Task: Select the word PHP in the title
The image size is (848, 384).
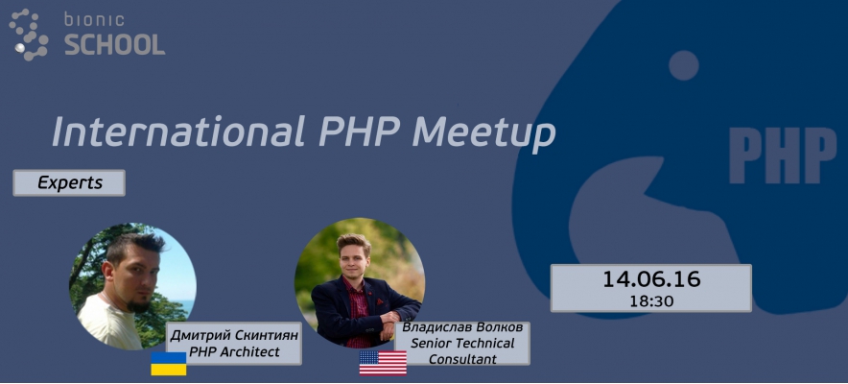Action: (x=356, y=132)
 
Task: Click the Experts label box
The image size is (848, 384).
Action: (x=69, y=182)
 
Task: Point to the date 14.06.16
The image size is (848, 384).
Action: (x=651, y=280)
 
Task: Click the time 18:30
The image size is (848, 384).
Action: (x=651, y=301)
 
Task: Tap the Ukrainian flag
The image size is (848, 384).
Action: (x=168, y=363)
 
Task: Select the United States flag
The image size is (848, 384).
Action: (x=383, y=362)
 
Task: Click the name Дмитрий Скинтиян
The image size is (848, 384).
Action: (x=234, y=335)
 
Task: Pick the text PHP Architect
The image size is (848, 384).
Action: (x=234, y=352)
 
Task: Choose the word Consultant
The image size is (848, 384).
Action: (x=462, y=359)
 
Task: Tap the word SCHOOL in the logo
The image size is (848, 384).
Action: (x=114, y=44)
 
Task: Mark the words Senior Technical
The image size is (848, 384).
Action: (x=462, y=344)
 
